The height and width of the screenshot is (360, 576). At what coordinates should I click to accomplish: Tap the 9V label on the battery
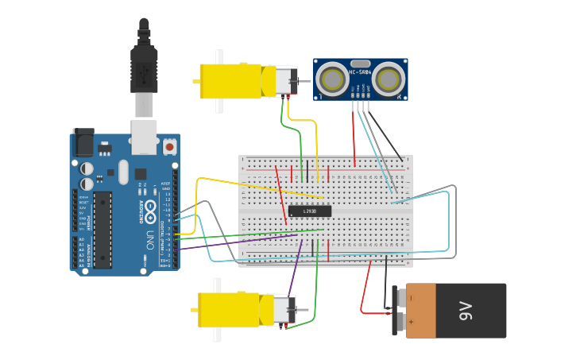click(466, 311)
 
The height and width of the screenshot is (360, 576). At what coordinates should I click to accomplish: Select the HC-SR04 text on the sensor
click(360, 72)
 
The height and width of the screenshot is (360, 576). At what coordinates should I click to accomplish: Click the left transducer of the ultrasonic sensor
click(331, 79)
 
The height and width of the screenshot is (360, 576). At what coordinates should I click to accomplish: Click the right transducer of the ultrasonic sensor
click(389, 79)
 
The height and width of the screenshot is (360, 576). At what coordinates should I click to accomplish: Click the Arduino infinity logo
click(150, 194)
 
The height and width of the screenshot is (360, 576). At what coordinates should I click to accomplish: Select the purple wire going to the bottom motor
click(294, 270)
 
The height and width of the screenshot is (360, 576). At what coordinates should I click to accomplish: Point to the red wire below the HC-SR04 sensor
click(354, 135)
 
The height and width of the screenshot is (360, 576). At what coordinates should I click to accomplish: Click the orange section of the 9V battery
click(420, 311)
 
